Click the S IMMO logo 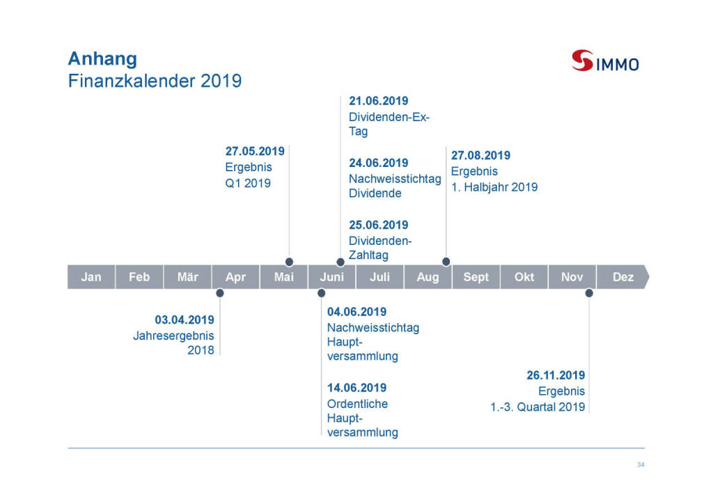coord(605,61)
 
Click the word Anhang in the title coord(102,59)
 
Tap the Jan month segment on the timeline coord(91,277)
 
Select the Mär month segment coord(187,277)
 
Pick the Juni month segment coord(331,277)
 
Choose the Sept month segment coord(476,277)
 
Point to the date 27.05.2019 coord(255,151)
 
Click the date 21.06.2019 coord(378,101)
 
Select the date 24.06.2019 coord(378,163)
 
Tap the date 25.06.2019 coord(378,225)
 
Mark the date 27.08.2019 coord(480,155)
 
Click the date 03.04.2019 coord(184,320)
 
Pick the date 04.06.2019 coord(356,312)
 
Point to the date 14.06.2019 coord(356,388)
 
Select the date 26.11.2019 coord(556,375)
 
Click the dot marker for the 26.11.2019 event coord(589,293)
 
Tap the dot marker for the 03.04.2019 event coord(219,293)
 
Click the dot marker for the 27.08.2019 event coord(446,261)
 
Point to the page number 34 coord(641,464)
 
